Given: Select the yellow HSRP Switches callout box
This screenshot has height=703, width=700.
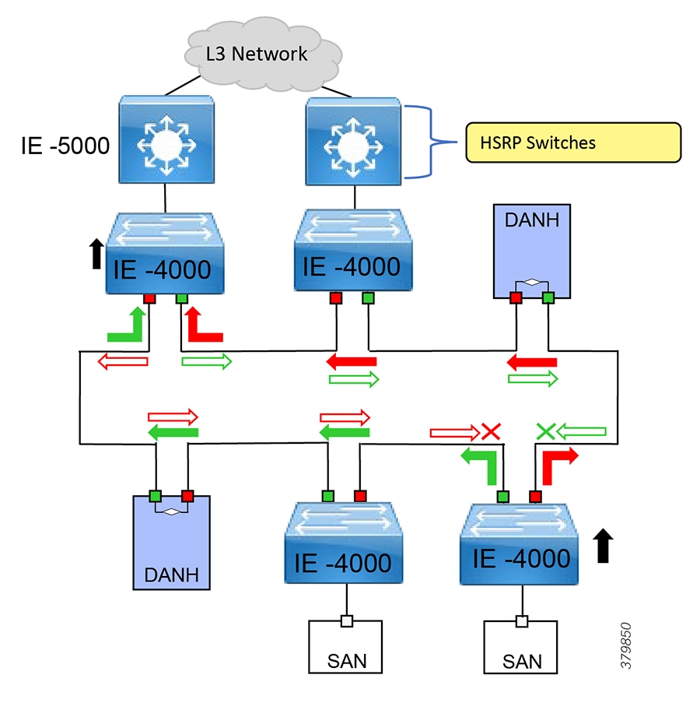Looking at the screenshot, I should tap(572, 142).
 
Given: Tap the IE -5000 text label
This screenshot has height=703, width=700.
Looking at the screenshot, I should tap(66, 145).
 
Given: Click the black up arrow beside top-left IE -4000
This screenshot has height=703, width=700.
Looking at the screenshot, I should tap(96, 254).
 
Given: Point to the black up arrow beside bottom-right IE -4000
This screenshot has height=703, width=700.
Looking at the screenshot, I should tap(604, 546).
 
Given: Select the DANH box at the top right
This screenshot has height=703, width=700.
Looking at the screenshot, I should tap(530, 251).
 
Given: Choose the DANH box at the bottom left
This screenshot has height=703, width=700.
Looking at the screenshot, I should tap(171, 540).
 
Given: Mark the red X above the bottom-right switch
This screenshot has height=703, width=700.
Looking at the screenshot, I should tap(490, 430).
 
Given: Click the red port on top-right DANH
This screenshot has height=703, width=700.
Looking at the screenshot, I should tap(515, 297).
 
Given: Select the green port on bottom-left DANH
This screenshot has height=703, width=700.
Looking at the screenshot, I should tap(155, 496).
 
